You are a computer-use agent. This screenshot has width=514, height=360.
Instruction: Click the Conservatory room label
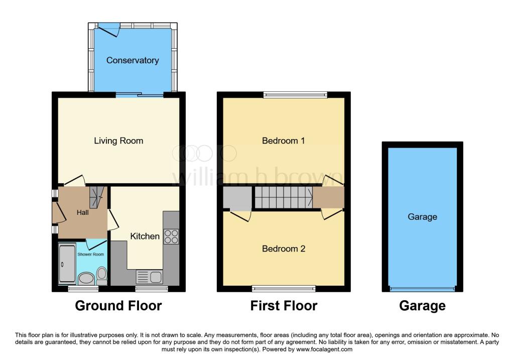[x=133, y=60]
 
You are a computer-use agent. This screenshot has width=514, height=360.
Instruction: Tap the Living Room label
[x=118, y=141]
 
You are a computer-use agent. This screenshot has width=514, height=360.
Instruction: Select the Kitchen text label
[x=145, y=236]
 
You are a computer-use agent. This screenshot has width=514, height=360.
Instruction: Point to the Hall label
[x=82, y=213]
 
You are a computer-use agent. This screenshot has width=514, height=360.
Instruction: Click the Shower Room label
[x=91, y=254]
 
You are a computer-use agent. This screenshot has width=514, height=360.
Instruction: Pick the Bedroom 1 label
[x=283, y=141]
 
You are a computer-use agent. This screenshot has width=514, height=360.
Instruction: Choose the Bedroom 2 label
[x=283, y=249]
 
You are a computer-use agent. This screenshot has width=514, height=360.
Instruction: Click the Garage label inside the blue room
[x=422, y=217]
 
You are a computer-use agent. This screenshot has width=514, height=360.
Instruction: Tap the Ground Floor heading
[x=118, y=305]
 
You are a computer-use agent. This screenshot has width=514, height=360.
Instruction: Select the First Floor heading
[x=284, y=305]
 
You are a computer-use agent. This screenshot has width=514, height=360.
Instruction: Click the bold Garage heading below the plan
[x=422, y=305]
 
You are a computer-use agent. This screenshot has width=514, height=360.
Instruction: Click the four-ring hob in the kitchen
[x=171, y=236]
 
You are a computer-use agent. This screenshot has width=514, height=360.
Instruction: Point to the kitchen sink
[x=149, y=277]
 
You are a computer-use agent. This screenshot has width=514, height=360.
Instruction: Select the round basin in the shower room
[x=86, y=278]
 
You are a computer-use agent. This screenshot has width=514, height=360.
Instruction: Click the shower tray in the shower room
[x=66, y=262]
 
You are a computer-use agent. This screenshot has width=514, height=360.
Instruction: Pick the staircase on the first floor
[x=283, y=198]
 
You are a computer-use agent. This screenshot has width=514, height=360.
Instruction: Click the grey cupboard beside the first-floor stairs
[x=237, y=198]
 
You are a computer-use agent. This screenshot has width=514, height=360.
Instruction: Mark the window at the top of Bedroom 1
[x=296, y=94]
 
